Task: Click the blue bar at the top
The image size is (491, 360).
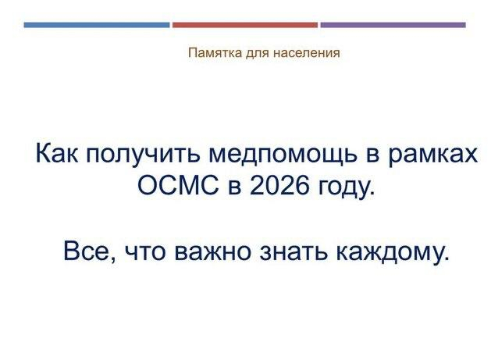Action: pyautogui.click(x=96, y=25)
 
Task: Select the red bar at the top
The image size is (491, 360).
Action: pyautogui.click(x=244, y=25)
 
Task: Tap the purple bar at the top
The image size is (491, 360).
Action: pyautogui.click(x=393, y=25)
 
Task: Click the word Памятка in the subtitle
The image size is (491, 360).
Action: pyautogui.click(x=212, y=54)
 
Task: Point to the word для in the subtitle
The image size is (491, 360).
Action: pyautogui.click(x=254, y=54)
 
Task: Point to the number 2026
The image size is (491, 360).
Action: pyautogui.click(x=276, y=188)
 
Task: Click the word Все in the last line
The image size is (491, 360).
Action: pyautogui.click(x=86, y=253)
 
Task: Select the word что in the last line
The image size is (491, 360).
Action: pyautogui.click(x=141, y=253)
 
